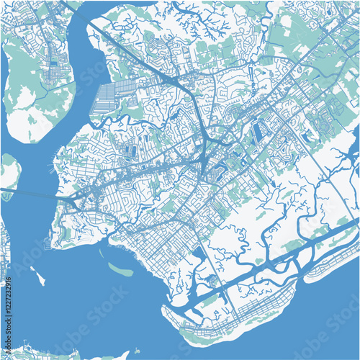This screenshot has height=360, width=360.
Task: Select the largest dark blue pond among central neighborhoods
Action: (x=258, y=132)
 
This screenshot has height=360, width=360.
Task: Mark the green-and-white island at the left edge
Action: (x=9, y=173)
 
